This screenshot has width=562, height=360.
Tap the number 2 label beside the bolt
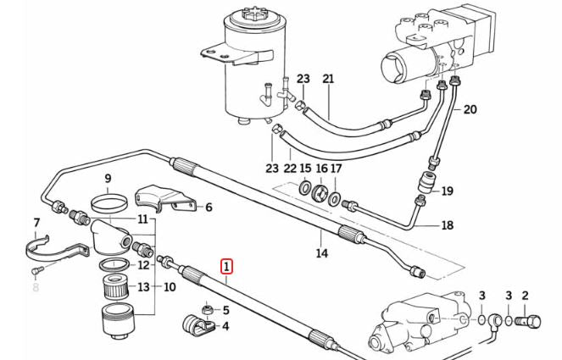(x=525, y=295)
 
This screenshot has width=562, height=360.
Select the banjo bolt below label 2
(x=530, y=322)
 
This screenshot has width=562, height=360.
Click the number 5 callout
(x=225, y=309)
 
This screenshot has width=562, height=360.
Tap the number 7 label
(x=36, y=224)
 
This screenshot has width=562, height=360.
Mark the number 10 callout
(x=170, y=287)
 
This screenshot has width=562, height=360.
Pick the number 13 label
(x=144, y=287)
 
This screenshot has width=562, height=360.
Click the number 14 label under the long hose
(x=321, y=252)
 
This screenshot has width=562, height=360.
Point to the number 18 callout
(x=448, y=225)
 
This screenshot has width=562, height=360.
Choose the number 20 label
(x=470, y=108)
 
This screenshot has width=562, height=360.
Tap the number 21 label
(x=328, y=79)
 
